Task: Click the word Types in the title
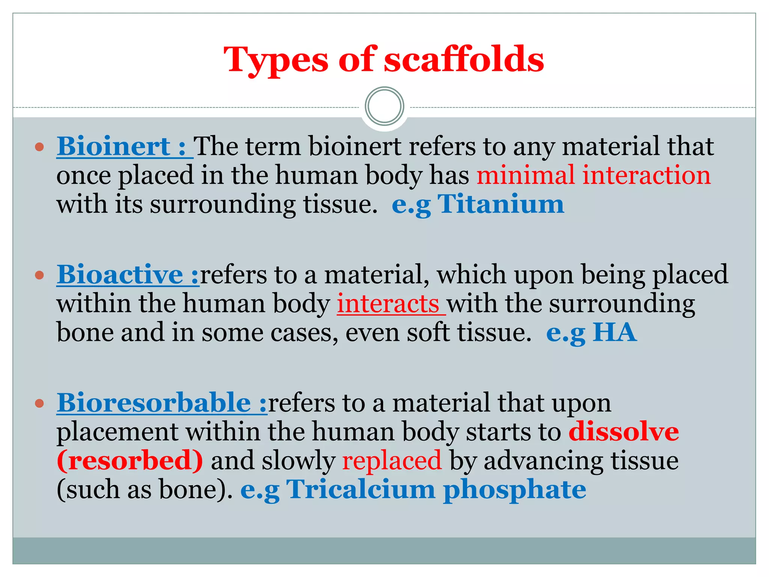(276, 60)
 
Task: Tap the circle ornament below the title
(384, 106)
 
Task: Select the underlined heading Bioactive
(120, 275)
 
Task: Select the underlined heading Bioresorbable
(154, 403)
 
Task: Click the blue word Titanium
(501, 204)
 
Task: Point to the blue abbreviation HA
(614, 333)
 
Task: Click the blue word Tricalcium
(360, 489)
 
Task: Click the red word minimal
(525, 175)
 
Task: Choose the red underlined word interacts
(388, 304)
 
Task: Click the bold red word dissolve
(623, 432)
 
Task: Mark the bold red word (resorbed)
(130, 461)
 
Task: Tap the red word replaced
(392, 461)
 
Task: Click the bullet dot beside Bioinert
(39, 147)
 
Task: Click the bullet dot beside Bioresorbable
(39, 403)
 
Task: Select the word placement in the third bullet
(117, 432)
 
